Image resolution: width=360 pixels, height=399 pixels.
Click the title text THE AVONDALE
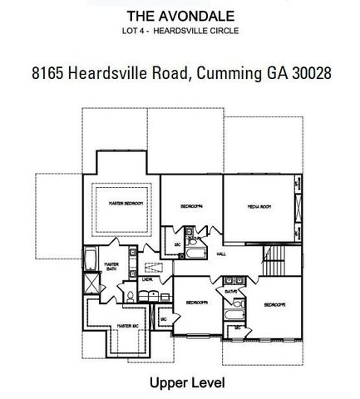tap(180, 16)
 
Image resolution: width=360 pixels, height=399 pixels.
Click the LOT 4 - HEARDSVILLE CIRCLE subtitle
tap(180, 32)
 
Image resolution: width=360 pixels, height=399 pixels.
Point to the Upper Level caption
tap(180, 383)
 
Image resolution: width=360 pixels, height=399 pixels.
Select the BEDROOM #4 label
tap(193, 205)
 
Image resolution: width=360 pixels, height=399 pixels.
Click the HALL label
tap(222, 255)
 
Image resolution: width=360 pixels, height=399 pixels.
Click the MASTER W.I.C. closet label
tap(126, 326)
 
